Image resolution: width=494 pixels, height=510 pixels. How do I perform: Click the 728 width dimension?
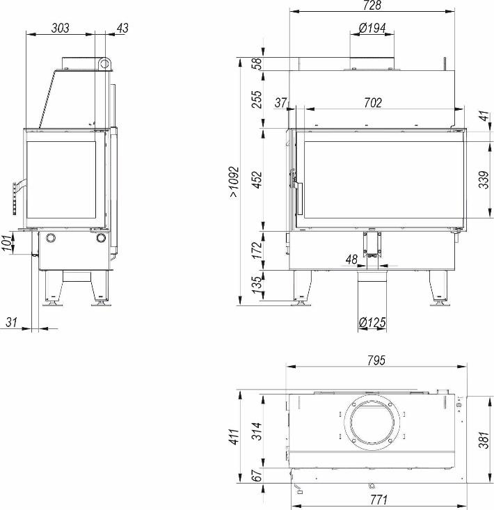coord(372,5)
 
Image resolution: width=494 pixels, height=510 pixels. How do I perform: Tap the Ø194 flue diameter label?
coord(372,28)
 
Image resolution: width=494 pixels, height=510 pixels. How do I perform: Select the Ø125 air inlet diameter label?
coord(372,322)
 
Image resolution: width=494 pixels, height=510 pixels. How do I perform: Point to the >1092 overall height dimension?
coord(234,182)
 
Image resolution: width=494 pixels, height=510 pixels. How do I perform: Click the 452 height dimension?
coord(257,180)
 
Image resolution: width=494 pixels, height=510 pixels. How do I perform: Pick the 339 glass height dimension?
coord(484,180)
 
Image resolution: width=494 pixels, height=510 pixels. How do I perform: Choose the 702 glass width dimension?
coord(373,103)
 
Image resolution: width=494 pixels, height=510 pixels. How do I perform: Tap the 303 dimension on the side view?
coord(60,28)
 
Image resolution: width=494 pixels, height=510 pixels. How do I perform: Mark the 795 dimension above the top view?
coord(376,360)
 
